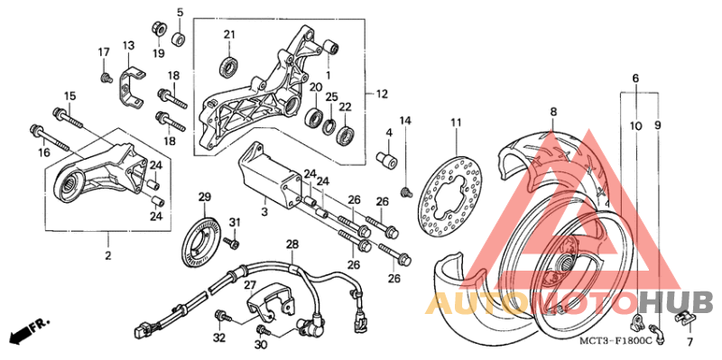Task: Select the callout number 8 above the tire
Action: pos(553,111)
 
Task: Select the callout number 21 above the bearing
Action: pos(229,35)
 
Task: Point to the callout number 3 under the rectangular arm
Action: pos(264,211)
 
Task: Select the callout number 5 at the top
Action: pos(180,12)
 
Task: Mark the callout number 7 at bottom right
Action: pos(690,344)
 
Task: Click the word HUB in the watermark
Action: pos(684,301)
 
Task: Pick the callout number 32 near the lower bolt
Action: pos(218,338)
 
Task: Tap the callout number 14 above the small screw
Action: pos(405,121)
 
